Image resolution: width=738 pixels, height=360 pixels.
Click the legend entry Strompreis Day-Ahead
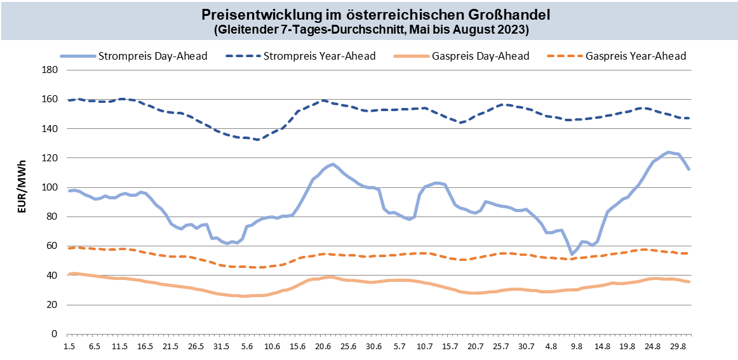click(152, 56)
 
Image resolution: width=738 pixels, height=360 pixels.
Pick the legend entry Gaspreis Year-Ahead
click(636, 56)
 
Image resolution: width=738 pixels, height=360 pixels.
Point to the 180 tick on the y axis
click(48, 70)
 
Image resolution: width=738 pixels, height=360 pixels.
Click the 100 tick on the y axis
click(48, 187)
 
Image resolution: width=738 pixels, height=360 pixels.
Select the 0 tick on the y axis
click(53, 334)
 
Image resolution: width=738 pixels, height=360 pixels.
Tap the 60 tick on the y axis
click(51, 246)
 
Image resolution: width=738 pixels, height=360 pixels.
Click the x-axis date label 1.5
click(69, 347)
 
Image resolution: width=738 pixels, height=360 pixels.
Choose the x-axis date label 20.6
click(323, 347)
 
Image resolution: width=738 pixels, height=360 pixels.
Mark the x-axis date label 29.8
click(678, 347)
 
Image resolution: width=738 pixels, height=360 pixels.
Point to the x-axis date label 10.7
click(424, 347)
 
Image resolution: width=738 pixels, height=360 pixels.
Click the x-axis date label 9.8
click(576, 347)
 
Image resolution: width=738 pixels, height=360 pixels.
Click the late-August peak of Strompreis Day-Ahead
click(668, 152)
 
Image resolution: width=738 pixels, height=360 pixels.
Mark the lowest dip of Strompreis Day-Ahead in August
click(572, 254)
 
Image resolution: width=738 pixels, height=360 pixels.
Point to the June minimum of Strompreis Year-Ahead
click(257, 140)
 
